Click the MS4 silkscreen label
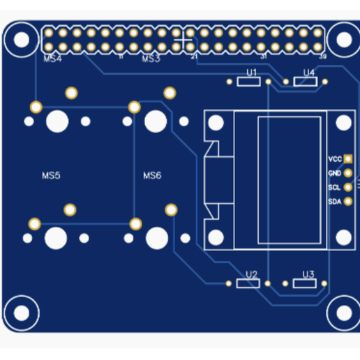(x=52, y=59)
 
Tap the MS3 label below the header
(x=151, y=59)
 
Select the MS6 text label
(x=152, y=175)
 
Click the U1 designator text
(x=252, y=73)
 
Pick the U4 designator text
(x=309, y=73)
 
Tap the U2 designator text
(x=252, y=273)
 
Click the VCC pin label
(x=335, y=158)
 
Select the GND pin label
(x=335, y=172)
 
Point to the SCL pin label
(x=335, y=187)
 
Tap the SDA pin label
(x=335, y=202)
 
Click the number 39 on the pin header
(x=322, y=57)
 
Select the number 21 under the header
(x=193, y=57)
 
